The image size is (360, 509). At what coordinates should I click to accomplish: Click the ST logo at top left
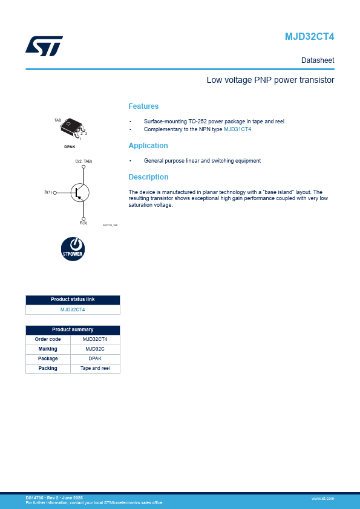(x=44, y=46)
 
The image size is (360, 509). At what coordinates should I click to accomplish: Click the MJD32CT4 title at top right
(x=309, y=37)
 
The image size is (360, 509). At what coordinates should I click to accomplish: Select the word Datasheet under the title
(x=318, y=60)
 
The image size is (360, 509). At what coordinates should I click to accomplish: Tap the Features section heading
(x=143, y=106)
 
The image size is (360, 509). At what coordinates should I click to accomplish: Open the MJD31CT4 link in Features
(x=237, y=129)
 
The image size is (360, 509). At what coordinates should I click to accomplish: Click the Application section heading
(x=148, y=146)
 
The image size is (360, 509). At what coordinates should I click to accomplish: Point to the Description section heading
(x=148, y=177)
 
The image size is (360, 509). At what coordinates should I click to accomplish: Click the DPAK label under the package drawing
(x=70, y=147)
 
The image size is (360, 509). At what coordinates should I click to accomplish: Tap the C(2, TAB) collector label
(x=83, y=161)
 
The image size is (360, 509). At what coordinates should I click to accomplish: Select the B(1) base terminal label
(x=48, y=192)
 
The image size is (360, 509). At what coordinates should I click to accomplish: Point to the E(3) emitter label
(x=83, y=223)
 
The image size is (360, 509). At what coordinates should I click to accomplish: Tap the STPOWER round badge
(x=73, y=249)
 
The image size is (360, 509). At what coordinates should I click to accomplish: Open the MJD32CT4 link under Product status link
(x=73, y=310)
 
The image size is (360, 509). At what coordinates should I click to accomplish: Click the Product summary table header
(x=73, y=330)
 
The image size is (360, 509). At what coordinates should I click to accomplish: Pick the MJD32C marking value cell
(x=95, y=349)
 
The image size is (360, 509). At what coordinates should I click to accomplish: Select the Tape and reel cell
(x=95, y=368)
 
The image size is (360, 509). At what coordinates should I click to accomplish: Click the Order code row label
(x=48, y=339)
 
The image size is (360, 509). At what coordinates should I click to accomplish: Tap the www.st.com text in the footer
(x=322, y=498)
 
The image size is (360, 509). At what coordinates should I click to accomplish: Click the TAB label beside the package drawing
(x=57, y=120)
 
